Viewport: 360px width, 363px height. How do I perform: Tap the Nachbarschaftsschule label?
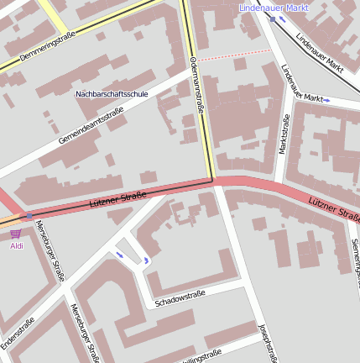click(x=112, y=94)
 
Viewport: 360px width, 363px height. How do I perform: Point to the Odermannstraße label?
click(x=199, y=85)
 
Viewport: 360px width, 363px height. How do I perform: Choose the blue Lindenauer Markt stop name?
click(x=274, y=8)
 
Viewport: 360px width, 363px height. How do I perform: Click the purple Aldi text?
click(x=17, y=245)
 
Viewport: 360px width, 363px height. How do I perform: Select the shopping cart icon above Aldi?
click(x=16, y=234)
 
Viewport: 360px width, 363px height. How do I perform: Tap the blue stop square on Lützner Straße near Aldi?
click(x=29, y=216)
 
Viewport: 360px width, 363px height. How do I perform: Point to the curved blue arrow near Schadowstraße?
click(x=148, y=260)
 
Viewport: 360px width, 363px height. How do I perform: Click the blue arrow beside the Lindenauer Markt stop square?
click(x=283, y=18)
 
